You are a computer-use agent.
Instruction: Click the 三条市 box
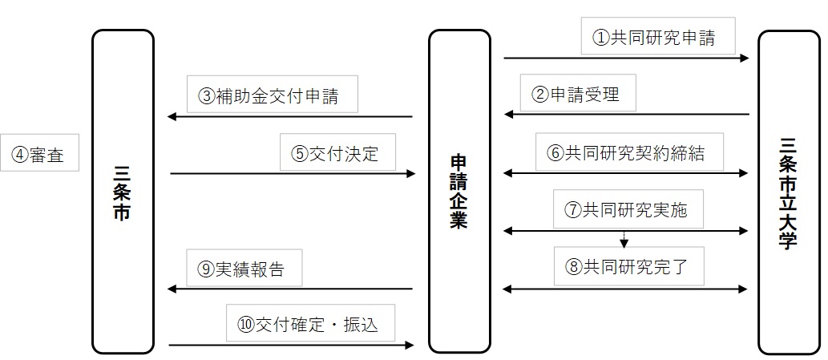[x=123, y=192]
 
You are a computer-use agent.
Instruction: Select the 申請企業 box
[x=458, y=192]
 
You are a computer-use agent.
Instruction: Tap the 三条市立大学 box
[x=789, y=192]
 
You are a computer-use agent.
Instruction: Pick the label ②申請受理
[x=580, y=95]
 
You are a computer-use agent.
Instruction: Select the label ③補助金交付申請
[x=272, y=96]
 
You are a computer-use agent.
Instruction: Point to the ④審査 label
[x=40, y=152]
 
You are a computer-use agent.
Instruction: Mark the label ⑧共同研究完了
[x=628, y=265]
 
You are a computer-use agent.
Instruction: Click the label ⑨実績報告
[x=244, y=269]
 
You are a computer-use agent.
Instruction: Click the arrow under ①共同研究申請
[x=625, y=58]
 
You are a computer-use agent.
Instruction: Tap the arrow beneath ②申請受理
[x=625, y=115]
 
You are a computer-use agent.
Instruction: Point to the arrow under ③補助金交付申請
[x=289, y=118]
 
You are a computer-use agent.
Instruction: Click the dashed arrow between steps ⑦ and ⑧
[x=624, y=239]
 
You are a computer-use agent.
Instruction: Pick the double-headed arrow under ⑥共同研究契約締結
[x=625, y=172]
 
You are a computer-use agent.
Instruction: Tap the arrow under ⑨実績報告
[x=289, y=289]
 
